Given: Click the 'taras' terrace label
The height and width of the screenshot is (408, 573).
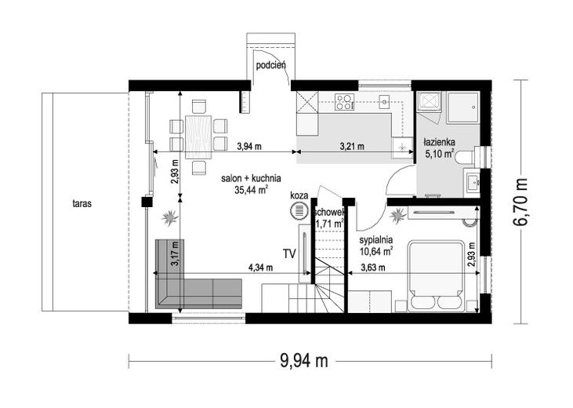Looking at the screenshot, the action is [82, 203].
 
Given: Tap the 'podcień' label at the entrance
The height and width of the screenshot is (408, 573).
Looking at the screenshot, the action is [270, 65].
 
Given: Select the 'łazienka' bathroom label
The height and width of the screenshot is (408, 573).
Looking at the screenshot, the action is [439, 142].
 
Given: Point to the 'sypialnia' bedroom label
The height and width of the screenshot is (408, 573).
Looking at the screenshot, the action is [376, 240].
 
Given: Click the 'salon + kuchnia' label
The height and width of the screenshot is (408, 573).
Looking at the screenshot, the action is [251, 179].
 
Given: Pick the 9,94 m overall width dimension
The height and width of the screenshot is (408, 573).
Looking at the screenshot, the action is [304, 362].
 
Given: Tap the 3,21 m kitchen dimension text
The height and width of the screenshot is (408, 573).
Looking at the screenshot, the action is [352, 147].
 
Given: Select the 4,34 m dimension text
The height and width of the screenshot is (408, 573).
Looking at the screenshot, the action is [260, 268].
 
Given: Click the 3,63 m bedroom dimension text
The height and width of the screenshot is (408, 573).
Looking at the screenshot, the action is [373, 268].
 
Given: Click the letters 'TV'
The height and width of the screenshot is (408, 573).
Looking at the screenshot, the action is [289, 253].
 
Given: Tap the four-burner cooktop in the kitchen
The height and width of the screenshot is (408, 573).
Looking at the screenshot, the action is [345, 102].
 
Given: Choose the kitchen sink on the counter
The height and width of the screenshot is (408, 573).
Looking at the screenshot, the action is [385, 102].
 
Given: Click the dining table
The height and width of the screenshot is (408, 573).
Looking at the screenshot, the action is [198, 137].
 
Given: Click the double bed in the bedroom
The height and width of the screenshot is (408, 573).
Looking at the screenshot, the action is [437, 276].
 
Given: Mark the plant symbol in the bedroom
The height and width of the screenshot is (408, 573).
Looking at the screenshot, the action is [397, 216].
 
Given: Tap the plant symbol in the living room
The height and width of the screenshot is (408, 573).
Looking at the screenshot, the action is [170, 217].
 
